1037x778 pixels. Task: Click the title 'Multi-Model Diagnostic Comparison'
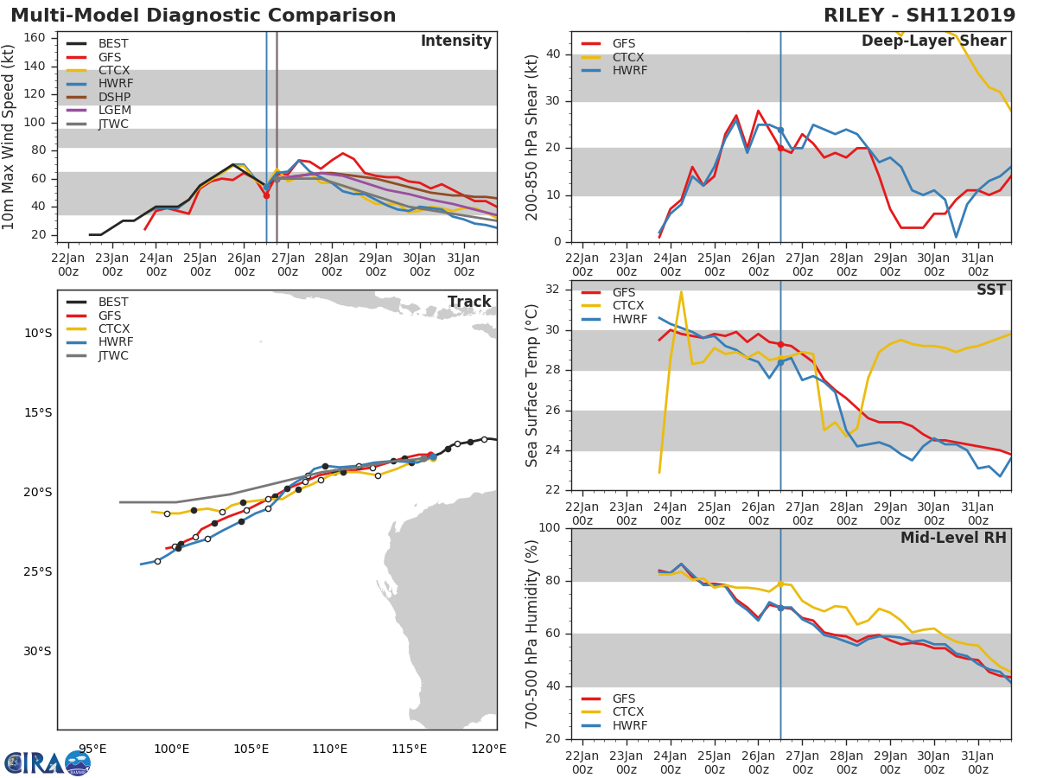[203, 16]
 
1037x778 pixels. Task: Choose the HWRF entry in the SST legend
[629, 319]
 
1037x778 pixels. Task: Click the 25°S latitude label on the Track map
[37, 571]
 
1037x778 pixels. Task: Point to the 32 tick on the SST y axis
[553, 290]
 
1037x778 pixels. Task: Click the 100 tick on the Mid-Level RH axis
[547, 528]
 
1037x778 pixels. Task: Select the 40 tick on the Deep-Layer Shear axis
[553, 54]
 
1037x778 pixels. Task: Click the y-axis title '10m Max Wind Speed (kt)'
[10, 138]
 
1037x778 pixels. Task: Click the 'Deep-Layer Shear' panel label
[933, 41]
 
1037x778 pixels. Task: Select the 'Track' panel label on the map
[468, 302]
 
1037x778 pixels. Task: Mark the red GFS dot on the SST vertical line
[780, 344]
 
